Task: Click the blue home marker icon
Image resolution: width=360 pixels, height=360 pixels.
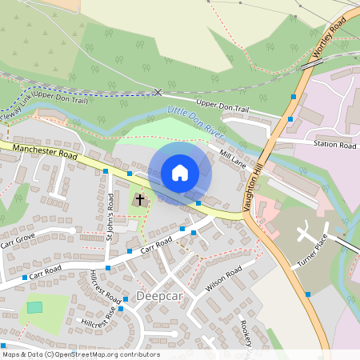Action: point(180,173)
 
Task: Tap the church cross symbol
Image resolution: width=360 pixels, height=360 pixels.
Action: point(140,198)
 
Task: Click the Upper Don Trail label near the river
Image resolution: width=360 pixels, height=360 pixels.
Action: point(229,104)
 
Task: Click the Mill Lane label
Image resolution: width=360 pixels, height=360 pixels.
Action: point(231,158)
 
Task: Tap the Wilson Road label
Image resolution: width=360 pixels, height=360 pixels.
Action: point(223,280)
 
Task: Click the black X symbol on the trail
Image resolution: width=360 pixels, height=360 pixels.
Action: point(158,92)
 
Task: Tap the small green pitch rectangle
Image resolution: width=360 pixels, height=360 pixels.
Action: point(34,307)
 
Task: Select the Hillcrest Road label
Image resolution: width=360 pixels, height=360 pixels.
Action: point(106,286)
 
